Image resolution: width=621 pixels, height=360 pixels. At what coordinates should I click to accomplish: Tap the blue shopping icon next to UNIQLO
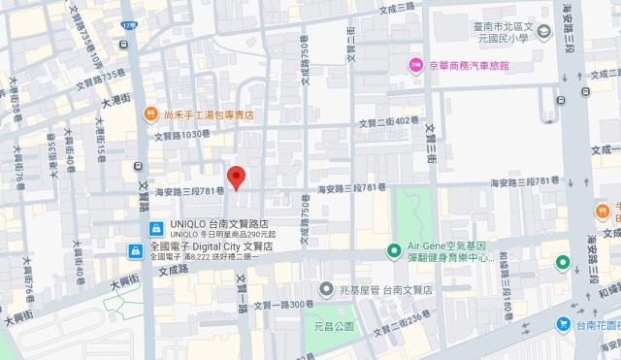pos(154,228)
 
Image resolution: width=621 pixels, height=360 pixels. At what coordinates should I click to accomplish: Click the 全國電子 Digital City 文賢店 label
pos(213,247)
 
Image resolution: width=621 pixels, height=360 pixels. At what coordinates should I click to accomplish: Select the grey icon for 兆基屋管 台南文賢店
pos(327,289)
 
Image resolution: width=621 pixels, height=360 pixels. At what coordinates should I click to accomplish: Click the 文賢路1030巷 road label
pos(179,134)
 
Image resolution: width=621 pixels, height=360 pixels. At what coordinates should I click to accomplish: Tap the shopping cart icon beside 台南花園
pos(563,324)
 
